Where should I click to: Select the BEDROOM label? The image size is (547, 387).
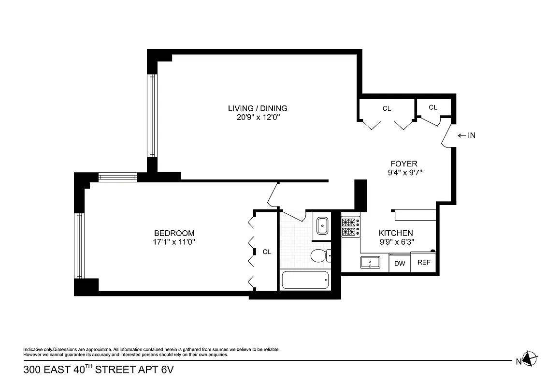tap(174, 233)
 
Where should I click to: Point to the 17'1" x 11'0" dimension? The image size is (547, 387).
tap(174, 242)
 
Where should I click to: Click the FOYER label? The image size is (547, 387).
tap(403, 164)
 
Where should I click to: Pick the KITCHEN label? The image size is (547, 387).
tap(395, 233)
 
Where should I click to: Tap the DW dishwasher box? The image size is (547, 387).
tap(399, 264)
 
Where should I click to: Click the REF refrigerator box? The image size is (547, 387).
tap(423, 263)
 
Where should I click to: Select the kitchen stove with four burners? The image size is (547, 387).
tap(350, 227)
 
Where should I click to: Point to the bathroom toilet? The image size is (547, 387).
tap(319, 255)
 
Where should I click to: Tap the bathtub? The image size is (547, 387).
tap(305, 280)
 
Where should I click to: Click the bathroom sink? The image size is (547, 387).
tap(321, 225)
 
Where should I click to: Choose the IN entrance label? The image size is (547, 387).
tap(471, 135)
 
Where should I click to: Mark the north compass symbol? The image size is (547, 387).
tap(530, 359)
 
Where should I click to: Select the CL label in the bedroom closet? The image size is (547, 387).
tap(267, 252)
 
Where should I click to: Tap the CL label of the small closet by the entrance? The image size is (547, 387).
tap(432, 107)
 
